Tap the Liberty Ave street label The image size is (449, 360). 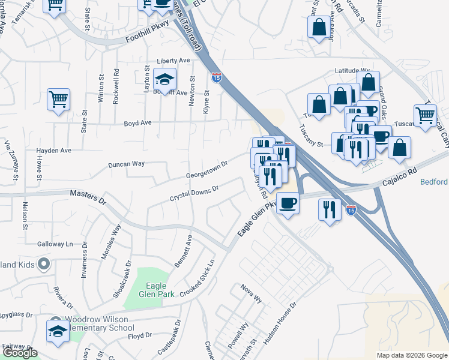pos(173,61)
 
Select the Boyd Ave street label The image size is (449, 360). pos(137,123)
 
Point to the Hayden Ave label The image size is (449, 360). pos(53,150)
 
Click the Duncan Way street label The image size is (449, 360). pos(126,164)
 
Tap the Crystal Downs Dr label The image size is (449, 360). pos(194,193)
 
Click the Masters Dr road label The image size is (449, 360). pos(87,196)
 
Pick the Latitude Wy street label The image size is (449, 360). pos(352,71)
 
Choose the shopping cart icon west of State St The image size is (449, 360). pos(58,100)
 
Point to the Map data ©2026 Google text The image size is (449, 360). pos(412,355)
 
